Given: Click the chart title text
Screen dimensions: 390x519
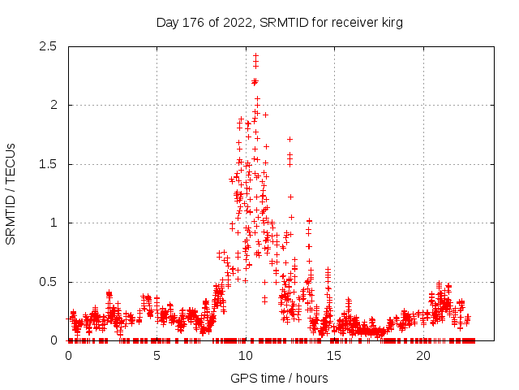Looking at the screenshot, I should point(279,23).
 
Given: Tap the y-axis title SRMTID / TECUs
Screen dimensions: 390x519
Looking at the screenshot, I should point(11,193).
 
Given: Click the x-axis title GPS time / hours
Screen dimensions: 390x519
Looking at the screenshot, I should point(279,378).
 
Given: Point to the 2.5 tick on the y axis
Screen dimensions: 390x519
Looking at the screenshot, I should point(50,46).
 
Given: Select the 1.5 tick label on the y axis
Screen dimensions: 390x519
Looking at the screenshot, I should point(50,164).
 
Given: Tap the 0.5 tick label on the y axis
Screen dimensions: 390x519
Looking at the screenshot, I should point(50,282).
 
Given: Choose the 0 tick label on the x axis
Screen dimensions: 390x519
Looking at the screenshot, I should point(68,356).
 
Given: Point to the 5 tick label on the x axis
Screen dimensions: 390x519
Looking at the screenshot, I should point(157,356).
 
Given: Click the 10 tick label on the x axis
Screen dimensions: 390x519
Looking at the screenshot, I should point(246,356).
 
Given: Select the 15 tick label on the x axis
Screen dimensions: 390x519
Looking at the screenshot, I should point(335,356).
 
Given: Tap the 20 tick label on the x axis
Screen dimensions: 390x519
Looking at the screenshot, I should point(423,356).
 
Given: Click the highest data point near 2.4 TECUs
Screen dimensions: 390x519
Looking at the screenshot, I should point(255,56).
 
